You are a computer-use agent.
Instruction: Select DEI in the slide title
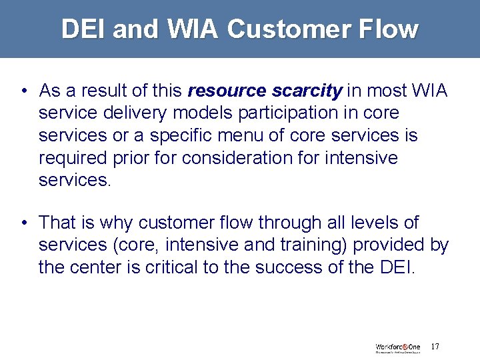click(84, 29)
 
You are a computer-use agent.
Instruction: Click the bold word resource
click(228, 90)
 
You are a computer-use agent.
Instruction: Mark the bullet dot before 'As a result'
click(23, 91)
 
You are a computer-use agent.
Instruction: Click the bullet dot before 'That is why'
click(23, 223)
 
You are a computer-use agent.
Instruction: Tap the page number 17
click(435, 347)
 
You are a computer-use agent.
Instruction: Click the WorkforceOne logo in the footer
click(397, 347)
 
